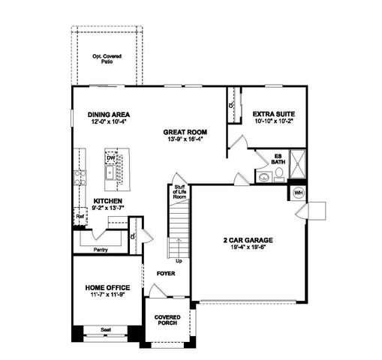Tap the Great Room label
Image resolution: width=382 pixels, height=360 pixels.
tap(184, 132)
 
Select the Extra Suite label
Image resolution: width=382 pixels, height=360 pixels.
tap(273, 114)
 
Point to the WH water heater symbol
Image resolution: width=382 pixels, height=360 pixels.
tap(298, 193)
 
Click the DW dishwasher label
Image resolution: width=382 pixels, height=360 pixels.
tap(111, 158)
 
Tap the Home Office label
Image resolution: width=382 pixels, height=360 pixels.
tap(107, 287)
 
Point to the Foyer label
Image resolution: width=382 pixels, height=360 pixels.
tap(166, 274)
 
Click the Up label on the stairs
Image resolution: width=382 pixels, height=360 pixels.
tap(179, 260)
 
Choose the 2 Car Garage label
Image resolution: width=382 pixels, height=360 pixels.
tap(248, 240)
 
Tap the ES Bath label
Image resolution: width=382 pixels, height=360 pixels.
tap(278, 159)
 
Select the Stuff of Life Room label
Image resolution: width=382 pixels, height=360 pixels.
tap(180, 192)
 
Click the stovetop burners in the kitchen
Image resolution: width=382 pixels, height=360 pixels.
tap(80, 178)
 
